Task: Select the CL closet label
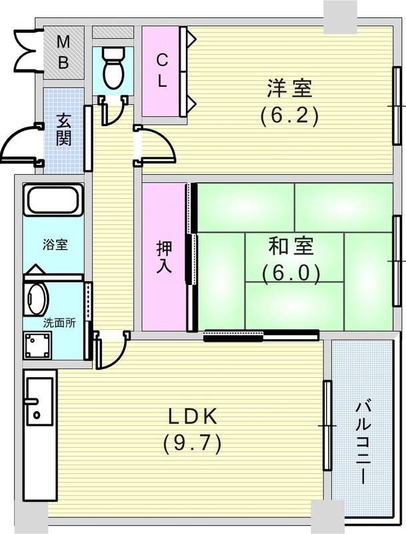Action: (162, 70)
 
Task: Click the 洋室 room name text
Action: (290, 87)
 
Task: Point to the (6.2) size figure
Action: (290, 115)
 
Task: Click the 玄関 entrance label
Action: (64, 131)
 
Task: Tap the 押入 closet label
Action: (165, 255)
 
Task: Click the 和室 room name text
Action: (291, 246)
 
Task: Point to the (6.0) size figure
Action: (291, 273)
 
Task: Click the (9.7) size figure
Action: (192, 442)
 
